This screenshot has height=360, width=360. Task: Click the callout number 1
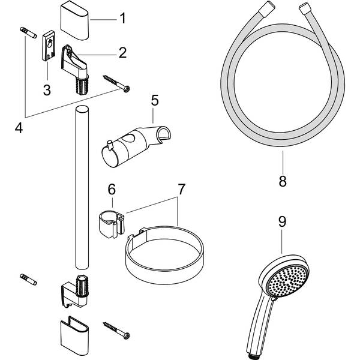[x=122, y=18]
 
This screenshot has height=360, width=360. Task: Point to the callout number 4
[x=19, y=128]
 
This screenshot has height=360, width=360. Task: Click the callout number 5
[x=154, y=100]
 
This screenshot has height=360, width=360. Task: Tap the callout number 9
[x=282, y=221]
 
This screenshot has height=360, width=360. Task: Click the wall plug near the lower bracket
[x=28, y=279]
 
